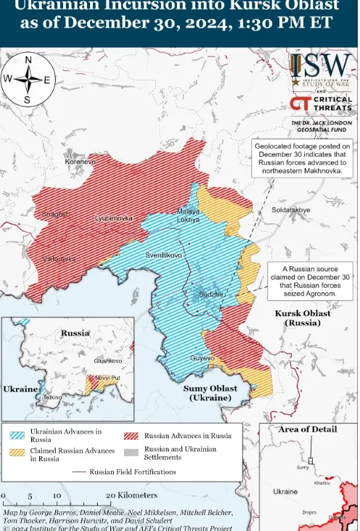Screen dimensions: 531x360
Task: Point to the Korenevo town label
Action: pos(80,161)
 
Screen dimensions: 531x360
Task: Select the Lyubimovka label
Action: pos(114,218)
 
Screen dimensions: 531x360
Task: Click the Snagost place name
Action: pos(54,214)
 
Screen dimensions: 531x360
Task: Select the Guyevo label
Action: pos(202,358)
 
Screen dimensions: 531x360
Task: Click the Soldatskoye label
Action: pos(290,210)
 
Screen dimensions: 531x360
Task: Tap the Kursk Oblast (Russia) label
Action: pos(302,318)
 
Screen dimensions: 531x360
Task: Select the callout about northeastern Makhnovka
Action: pos(303,159)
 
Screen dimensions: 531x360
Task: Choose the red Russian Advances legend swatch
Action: pos(131,436)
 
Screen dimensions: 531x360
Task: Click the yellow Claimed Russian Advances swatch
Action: pos(18,453)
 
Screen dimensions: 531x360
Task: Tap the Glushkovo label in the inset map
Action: pos(107,361)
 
